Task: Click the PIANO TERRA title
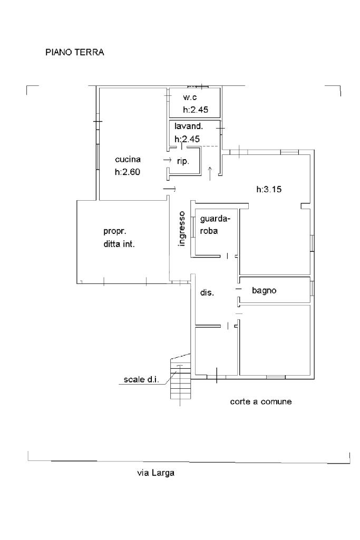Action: (x=75, y=52)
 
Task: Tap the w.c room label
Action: (x=190, y=97)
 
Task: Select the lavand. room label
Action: (x=189, y=126)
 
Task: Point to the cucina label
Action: (x=128, y=159)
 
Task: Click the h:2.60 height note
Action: (x=128, y=172)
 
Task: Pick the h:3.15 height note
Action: (x=269, y=189)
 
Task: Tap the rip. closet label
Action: (x=183, y=161)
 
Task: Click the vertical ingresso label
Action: (x=182, y=229)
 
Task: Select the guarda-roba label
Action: (x=215, y=224)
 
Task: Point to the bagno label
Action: (x=264, y=291)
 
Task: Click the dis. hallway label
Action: (x=207, y=293)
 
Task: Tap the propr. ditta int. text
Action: (x=119, y=237)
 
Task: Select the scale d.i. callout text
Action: (x=141, y=379)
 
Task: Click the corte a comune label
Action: (x=261, y=401)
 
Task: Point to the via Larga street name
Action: (x=155, y=473)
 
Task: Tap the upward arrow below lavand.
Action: (x=210, y=173)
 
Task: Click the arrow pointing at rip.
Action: (x=168, y=160)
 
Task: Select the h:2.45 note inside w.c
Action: (x=196, y=110)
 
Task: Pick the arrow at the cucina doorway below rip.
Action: (x=169, y=189)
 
